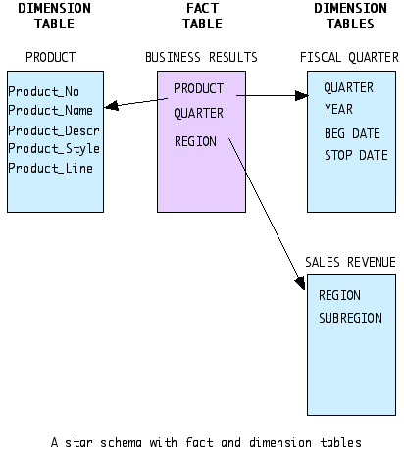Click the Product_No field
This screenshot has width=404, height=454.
[44, 92]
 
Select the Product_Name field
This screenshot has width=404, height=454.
[50, 110]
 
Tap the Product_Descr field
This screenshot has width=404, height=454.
[54, 130]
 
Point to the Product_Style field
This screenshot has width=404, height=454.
[54, 149]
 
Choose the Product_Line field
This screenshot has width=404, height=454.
[50, 168]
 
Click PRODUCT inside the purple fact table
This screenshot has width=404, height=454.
[198, 88]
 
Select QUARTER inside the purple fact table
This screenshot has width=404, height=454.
[198, 114]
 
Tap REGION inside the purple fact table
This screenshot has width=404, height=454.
[195, 141]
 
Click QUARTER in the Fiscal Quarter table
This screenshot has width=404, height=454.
[348, 87]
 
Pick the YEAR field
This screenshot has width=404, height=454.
[338, 109]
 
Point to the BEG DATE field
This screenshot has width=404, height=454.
[352, 133]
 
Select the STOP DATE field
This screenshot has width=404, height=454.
[356, 155]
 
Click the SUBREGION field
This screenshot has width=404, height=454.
[350, 318]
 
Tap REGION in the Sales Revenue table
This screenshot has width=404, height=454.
[339, 295]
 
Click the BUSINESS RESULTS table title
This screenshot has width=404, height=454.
[201, 57]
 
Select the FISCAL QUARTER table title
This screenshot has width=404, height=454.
[349, 57]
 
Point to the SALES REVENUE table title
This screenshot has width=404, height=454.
[350, 262]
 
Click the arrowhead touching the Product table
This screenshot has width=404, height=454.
[111, 106]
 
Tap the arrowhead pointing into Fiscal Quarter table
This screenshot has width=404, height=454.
[301, 96]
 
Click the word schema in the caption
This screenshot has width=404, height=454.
[121, 443]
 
